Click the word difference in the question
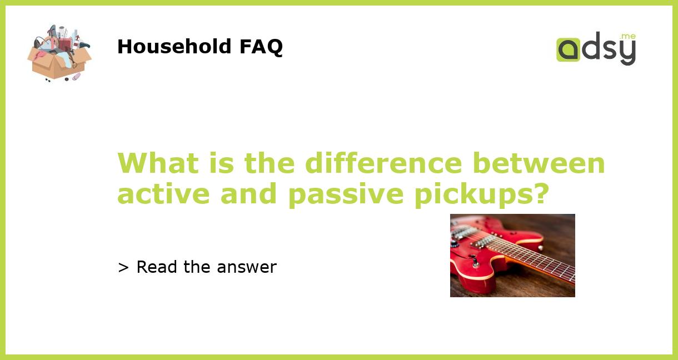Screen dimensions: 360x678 pos(383,163)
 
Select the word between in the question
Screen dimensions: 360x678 pos(539,163)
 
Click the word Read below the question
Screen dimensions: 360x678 pos(157,267)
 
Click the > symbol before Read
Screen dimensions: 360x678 pos(123,268)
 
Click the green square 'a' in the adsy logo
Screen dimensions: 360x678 pos(568,50)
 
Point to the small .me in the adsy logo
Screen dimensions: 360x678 pos(627,37)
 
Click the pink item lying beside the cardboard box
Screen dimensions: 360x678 pos(76,77)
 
